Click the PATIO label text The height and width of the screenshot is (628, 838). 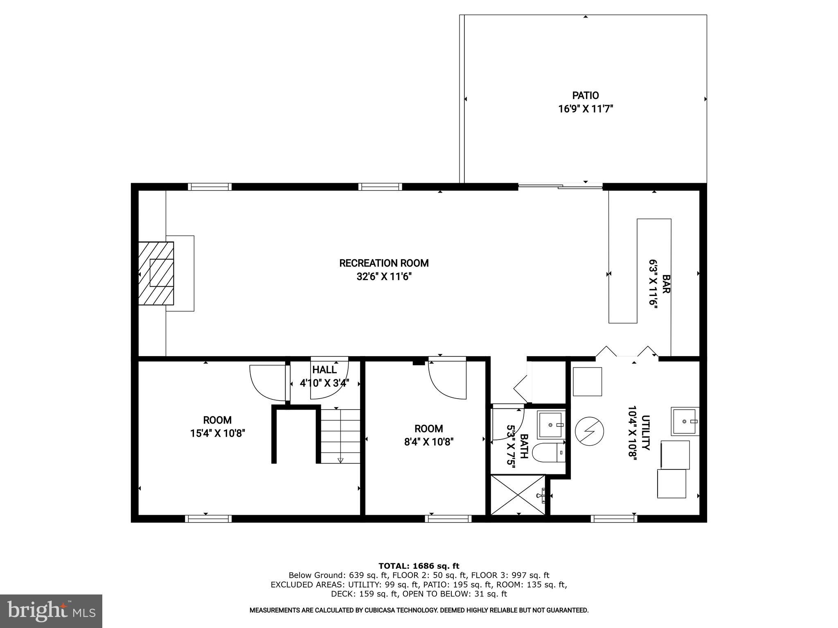point(585,95)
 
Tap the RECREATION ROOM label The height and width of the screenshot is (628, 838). point(384,263)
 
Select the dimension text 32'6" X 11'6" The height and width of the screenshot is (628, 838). point(384,277)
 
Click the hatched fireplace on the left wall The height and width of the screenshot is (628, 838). point(156,273)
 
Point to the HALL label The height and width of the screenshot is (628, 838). point(324,370)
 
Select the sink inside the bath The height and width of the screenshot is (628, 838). point(551,425)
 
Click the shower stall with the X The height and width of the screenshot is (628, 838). point(518,495)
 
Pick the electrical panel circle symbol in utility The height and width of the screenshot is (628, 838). point(589,431)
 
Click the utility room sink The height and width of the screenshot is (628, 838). point(684,421)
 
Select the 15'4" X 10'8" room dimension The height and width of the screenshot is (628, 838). point(217,433)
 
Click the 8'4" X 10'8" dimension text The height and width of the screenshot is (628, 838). point(428,442)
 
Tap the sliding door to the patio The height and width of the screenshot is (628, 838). point(561,186)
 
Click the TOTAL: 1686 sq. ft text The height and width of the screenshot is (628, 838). point(419,566)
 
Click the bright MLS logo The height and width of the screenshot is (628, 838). point(51,611)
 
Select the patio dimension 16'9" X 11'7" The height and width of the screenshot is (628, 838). point(585,109)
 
